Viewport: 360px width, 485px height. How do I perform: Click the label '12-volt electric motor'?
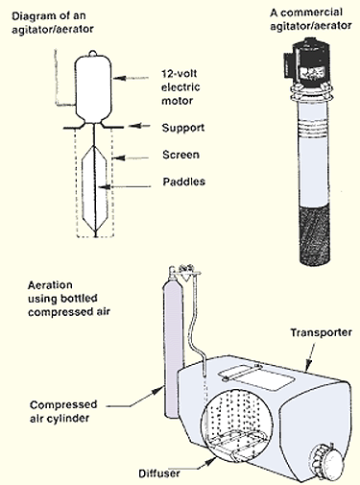pos(180,87)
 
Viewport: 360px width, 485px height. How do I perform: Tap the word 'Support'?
pos(183,128)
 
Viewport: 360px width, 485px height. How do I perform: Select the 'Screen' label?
pos(180,155)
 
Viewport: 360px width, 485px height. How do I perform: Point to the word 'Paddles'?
pos(184,182)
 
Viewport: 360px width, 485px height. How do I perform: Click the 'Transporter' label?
pos(321,332)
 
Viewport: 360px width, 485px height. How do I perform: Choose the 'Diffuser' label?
pos(159,473)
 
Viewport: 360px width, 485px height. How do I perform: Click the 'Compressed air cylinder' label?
pos(63,411)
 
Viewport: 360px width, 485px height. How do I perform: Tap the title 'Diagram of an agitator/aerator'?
pos(53,22)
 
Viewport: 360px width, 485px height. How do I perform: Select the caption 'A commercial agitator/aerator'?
pos(311,19)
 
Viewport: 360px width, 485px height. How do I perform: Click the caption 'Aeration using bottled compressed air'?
pos(69,299)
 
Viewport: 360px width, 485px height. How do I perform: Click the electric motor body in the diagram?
pos(93,87)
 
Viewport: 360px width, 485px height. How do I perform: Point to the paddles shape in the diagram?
pos(95,189)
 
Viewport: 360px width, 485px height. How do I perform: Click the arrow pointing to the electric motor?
pos(132,78)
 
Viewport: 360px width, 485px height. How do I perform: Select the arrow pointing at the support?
pos(139,126)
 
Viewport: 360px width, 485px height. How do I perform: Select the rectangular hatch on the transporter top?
pos(256,378)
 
